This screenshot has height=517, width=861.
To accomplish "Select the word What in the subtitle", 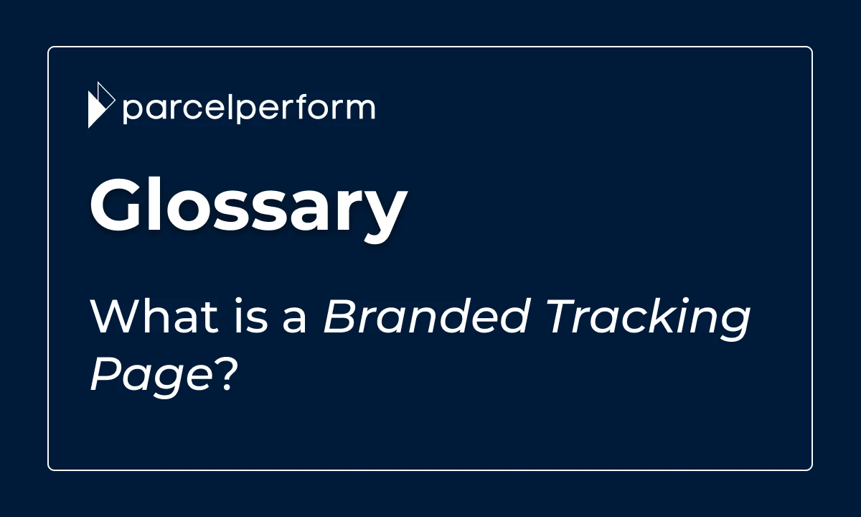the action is click(154, 315).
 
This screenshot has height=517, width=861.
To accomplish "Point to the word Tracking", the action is click(648, 320).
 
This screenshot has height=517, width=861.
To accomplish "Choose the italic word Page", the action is click(151, 375).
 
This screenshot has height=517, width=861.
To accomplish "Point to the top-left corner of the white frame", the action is click(49, 47).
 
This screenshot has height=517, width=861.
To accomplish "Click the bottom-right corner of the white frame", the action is click(811, 470).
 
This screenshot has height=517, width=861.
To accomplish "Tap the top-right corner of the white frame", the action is click(811, 47).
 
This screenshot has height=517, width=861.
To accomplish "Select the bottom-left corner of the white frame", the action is click(49, 470).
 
